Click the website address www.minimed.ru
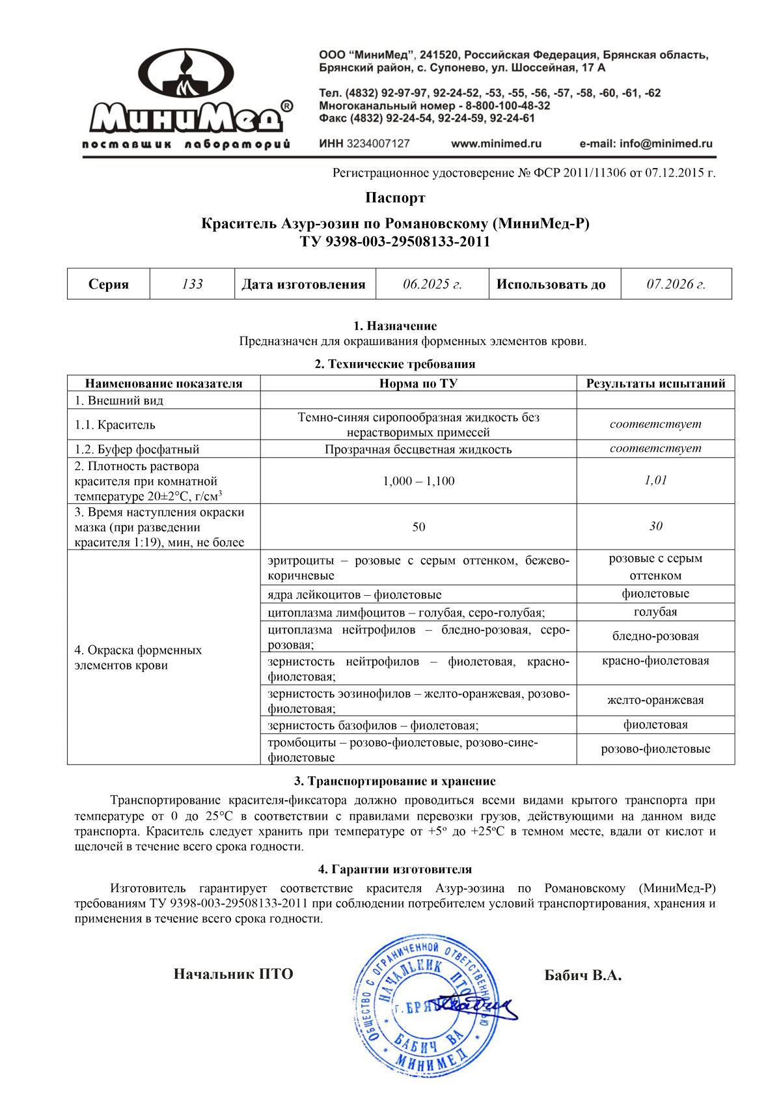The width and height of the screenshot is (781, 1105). (x=496, y=144)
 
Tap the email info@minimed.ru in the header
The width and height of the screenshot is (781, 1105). (x=646, y=144)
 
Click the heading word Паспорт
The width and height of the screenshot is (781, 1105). (x=395, y=198)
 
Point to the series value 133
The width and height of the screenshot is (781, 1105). (x=192, y=285)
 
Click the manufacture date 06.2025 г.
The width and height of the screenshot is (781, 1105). (x=432, y=285)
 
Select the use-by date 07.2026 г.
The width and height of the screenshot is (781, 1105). (x=676, y=285)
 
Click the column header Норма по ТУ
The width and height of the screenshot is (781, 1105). (x=418, y=384)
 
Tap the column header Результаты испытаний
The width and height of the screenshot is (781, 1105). (x=655, y=384)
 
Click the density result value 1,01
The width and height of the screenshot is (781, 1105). (x=655, y=481)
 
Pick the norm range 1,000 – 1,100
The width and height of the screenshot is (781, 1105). (x=418, y=481)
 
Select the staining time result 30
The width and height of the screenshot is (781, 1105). (x=655, y=526)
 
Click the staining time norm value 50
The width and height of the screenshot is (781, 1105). (x=418, y=527)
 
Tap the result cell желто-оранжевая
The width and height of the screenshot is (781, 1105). (x=655, y=701)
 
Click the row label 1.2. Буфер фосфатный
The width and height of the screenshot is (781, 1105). (x=137, y=449)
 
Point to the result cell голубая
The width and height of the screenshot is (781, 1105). (x=655, y=612)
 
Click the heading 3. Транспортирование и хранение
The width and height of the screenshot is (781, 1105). (x=395, y=781)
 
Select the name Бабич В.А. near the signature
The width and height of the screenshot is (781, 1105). (x=582, y=975)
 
